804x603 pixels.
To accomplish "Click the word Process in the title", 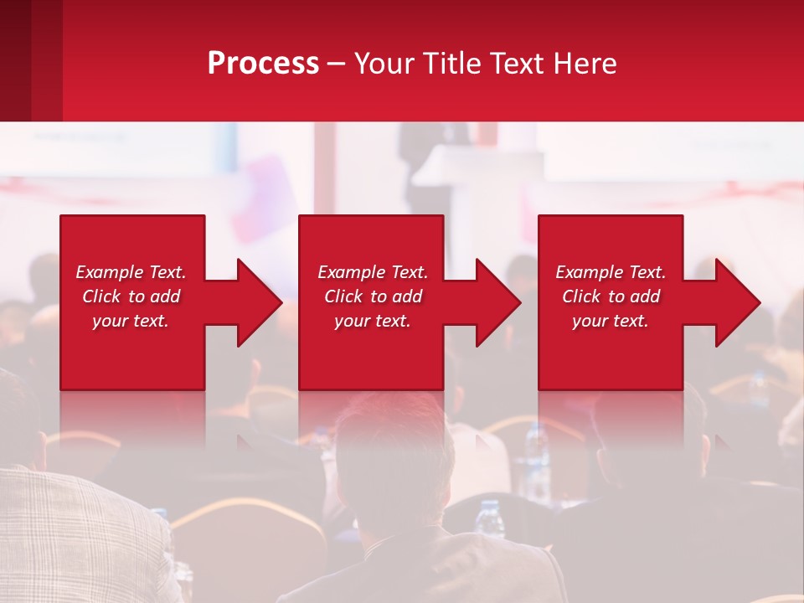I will coord(263,64).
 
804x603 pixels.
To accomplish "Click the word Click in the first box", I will coord(102,296).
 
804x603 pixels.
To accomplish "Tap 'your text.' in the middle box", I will coord(372,321).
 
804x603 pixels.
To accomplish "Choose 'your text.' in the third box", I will coord(610,321).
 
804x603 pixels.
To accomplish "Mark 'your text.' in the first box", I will coord(131,321).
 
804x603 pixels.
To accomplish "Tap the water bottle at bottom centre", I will coord(489,519).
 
